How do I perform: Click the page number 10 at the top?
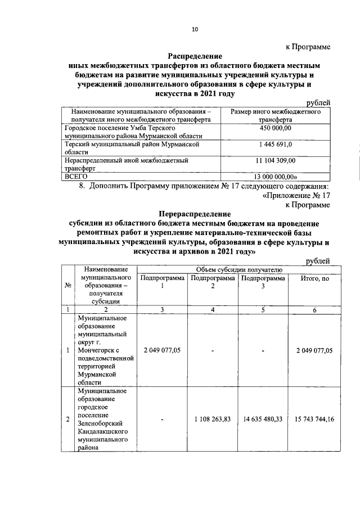tap(195, 30)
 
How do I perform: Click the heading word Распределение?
tap(195, 56)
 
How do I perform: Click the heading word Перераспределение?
tap(195, 214)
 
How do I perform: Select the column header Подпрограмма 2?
tap(213, 282)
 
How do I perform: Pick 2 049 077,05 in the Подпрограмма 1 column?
tap(162, 350)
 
